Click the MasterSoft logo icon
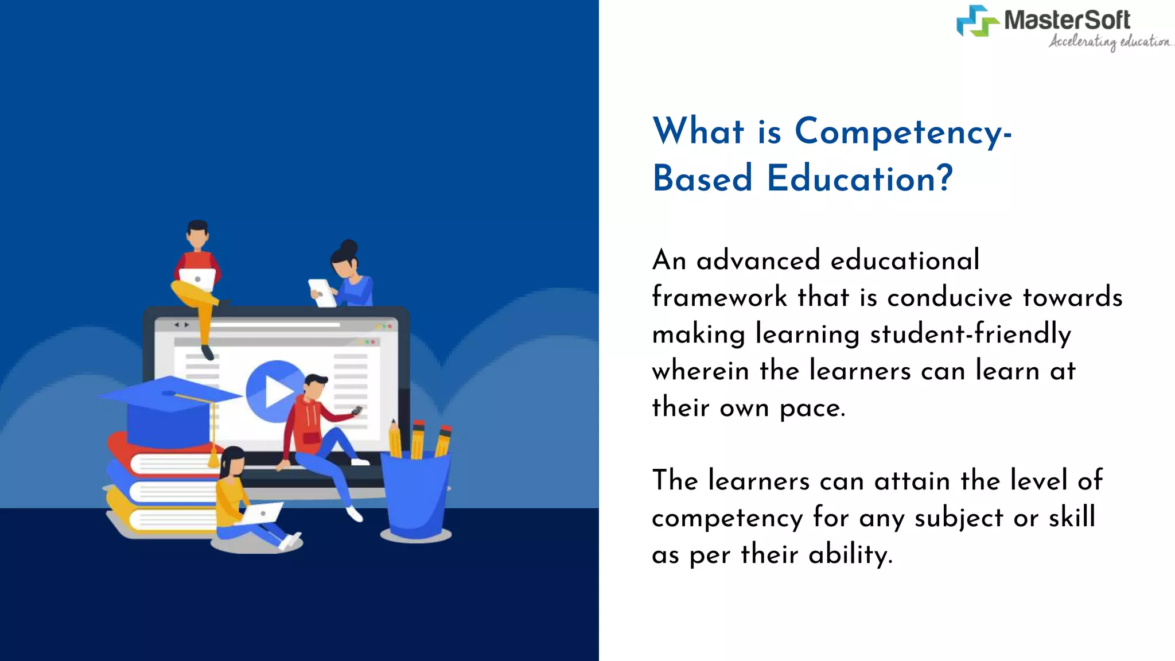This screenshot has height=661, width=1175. coord(977,21)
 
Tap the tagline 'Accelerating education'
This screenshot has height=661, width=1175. coord(1110,42)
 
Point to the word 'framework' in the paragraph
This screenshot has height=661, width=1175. coord(719,297)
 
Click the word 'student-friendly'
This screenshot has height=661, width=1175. coord(970,334)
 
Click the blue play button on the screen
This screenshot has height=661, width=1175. coord(275,391)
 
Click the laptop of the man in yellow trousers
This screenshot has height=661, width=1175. coord(197,279)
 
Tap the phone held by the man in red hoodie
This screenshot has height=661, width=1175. coord(357,410)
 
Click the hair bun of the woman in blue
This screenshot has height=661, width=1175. coord(349,247)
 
